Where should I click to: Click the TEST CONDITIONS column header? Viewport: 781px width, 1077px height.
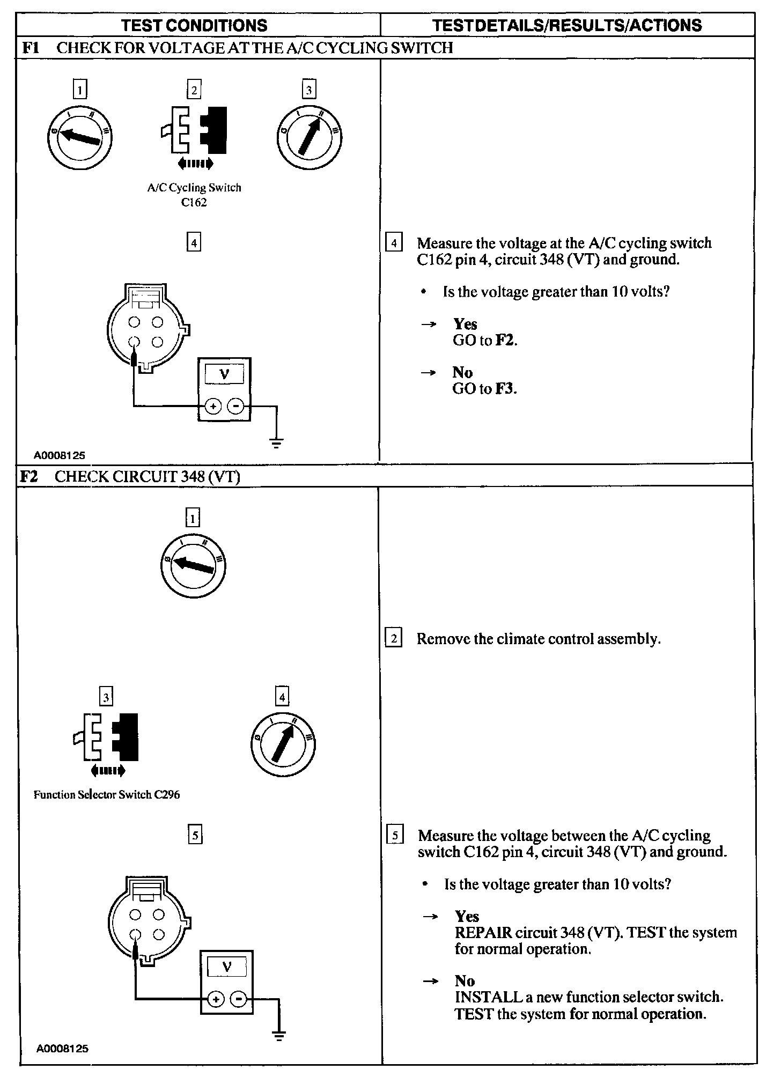coord(194,25)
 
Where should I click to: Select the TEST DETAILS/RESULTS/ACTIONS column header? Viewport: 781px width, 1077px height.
coord(567,25)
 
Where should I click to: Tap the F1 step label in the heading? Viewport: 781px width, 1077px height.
coord(31,48)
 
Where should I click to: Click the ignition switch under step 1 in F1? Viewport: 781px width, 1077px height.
coord(80,137)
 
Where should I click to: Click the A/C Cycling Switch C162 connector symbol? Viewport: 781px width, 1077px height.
coord(194,131)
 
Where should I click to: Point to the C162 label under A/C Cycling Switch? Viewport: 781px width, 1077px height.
coord(194,203)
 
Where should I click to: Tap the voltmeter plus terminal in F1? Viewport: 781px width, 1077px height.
coord(213,407)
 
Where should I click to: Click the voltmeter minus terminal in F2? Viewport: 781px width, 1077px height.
coord(240,999)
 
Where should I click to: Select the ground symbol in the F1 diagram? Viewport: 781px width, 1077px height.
coord(277,443)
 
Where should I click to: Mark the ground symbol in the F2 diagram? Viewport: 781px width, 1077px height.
coord(279,1035)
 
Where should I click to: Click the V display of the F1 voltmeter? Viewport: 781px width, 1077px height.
coord(224,374)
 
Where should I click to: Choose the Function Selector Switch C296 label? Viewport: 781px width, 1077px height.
coord(107,794)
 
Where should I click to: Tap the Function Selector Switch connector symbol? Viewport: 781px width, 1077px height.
coord(106,737)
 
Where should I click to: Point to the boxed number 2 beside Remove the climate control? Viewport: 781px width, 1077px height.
coord(394,638)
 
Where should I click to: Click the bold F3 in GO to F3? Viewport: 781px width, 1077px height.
coord(505,389)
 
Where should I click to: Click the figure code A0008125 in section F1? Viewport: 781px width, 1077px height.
coord(60,456)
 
